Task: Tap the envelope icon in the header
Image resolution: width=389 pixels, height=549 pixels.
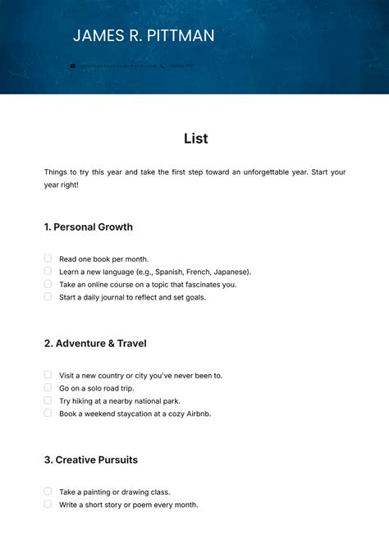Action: point(72,66)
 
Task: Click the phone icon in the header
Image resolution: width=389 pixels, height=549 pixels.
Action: point(162,66)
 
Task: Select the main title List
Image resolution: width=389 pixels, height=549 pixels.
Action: point(195,139)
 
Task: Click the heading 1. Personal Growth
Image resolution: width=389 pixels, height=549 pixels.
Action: point(88,226)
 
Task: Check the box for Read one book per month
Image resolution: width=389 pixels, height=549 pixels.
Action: point(48,258)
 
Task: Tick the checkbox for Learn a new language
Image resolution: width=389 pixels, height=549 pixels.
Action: point(48,271)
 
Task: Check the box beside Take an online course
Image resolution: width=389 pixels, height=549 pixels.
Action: point(48,284)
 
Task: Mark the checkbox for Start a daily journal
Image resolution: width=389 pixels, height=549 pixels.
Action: point(48,296)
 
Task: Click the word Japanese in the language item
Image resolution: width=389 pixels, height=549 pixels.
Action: point(232,272)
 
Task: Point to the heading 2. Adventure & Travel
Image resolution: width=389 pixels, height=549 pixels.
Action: point(95,343)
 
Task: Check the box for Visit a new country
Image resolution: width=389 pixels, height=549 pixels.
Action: point(48,375)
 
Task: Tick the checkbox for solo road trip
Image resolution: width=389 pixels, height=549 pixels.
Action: point(48,387)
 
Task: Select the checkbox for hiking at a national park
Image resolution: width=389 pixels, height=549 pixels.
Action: point(48,400)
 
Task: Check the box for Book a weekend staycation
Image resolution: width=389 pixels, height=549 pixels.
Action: point(48,413)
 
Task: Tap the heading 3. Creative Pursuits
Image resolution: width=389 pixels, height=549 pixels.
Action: point(91,460)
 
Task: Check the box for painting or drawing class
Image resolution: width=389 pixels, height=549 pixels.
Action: point(48,492)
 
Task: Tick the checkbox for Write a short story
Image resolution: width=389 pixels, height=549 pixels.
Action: point(48,504)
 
